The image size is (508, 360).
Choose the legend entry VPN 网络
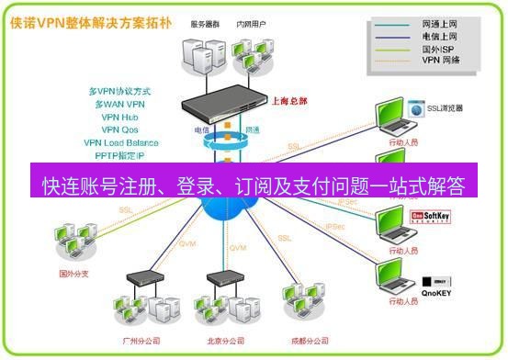coord(442,62)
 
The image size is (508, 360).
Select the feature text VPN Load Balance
coord(121,143)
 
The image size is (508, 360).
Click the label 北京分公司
coord(225,341)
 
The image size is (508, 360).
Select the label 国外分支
coord(72,273)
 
